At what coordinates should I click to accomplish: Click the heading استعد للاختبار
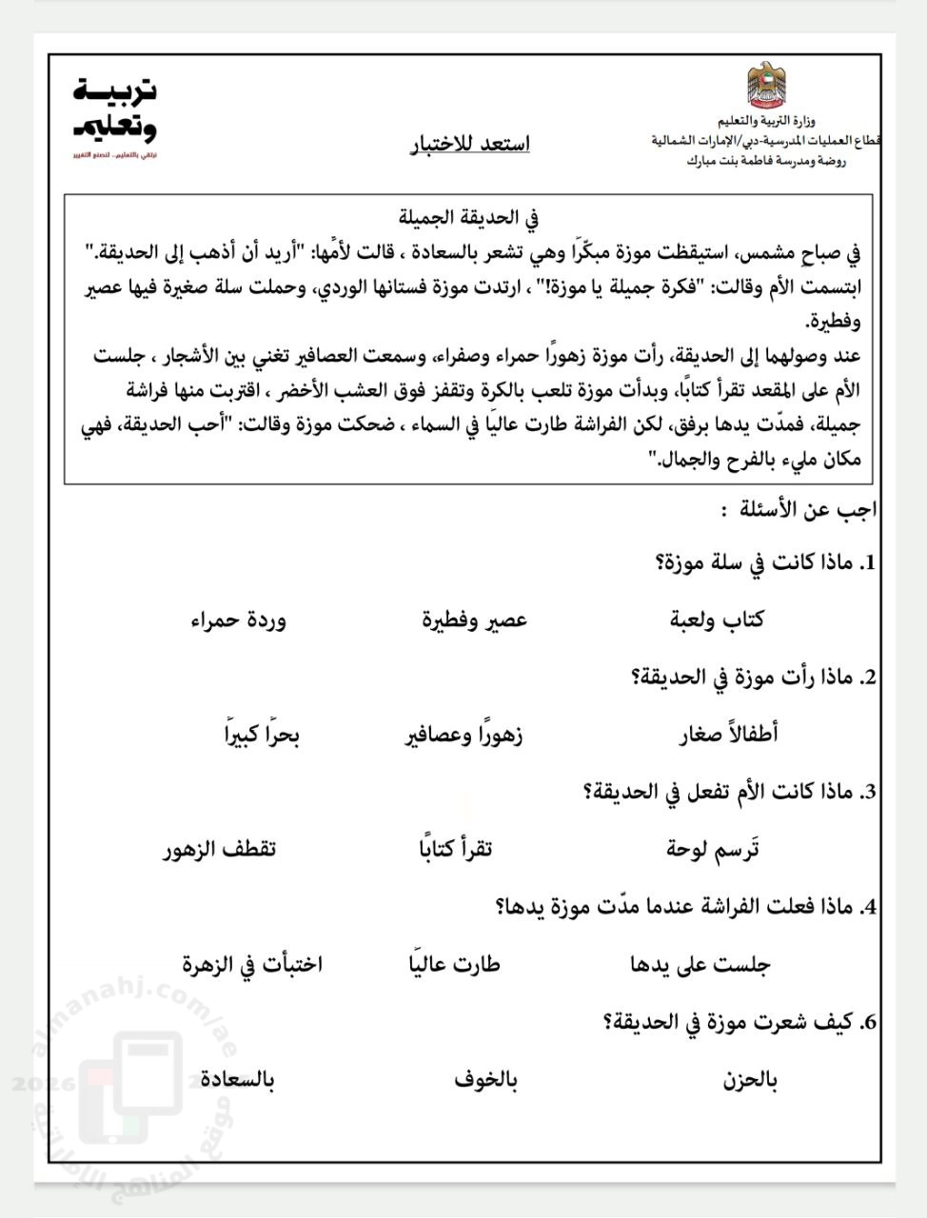point(469,144)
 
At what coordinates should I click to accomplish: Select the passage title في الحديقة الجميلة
point(469,217)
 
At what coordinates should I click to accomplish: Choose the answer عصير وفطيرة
point(475,620)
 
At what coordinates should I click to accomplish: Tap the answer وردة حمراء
point(238,620)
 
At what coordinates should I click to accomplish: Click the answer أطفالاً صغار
point(728,735)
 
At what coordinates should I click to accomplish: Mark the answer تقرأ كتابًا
point(450,849)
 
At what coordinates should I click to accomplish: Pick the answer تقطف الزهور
point(219,849)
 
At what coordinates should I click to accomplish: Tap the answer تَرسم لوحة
point(713,849)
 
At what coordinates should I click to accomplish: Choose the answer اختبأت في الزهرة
point(252,964)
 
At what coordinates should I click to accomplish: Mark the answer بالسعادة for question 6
point(237,1080)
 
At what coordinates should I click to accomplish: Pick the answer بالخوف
point(485,1080)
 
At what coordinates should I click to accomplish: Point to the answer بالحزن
point(750,1080)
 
